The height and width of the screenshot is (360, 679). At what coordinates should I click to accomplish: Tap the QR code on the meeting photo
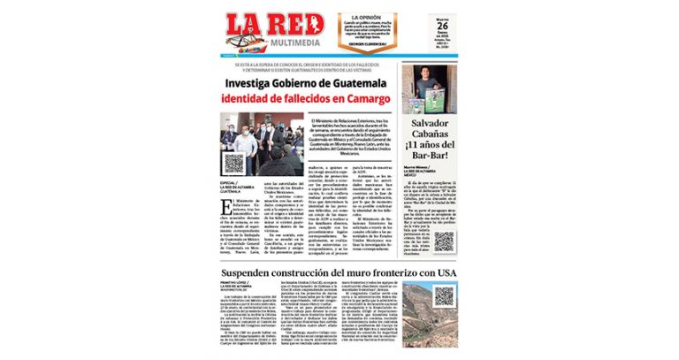(x=233, y=163)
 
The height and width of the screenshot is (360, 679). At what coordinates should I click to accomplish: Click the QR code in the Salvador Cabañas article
(x=443, y=242)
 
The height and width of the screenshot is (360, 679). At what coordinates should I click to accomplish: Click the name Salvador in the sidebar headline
(x=432, y=123)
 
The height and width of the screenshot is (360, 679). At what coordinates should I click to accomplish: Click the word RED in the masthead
(x=296, y=25)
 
